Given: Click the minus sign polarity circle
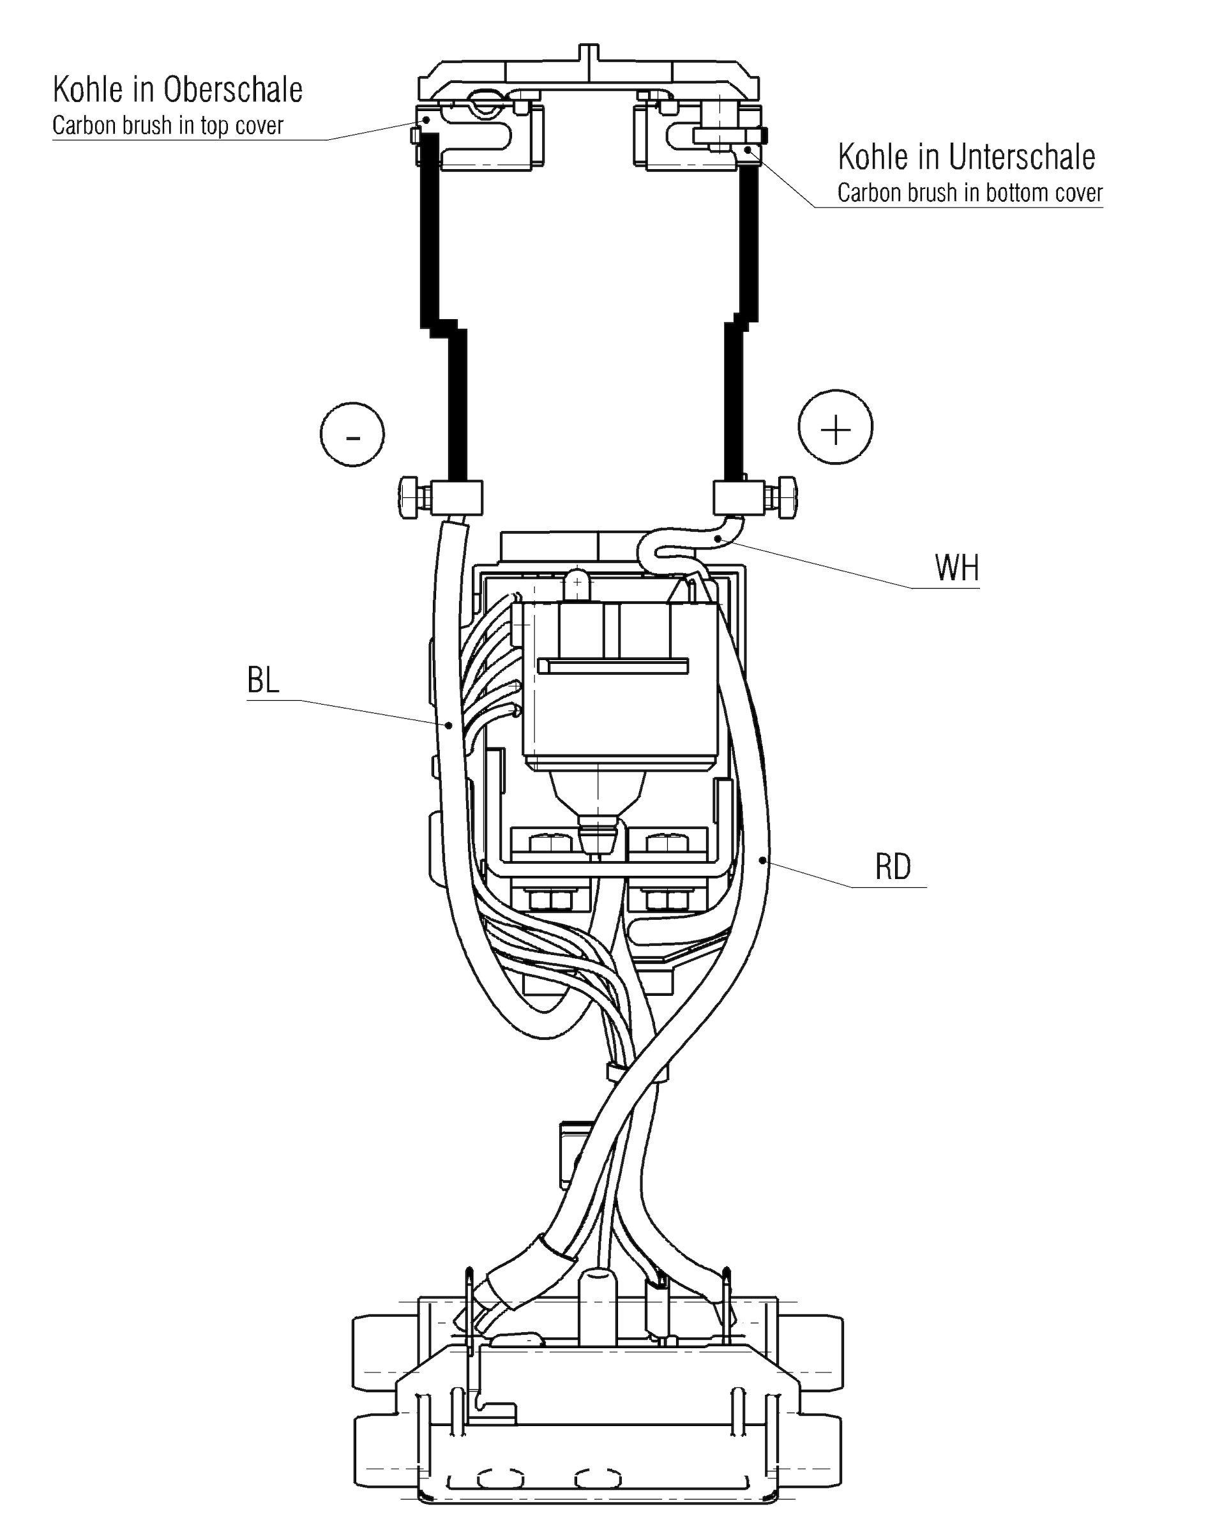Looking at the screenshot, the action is tap(352, 434).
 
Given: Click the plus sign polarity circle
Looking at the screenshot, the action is tap(835, 428).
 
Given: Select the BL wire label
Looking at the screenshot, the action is tap(263, 680).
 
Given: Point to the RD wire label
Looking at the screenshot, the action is tap(893, 867).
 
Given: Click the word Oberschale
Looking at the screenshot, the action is tap(233, 90).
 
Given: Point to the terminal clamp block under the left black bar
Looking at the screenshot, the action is tap(456, 497).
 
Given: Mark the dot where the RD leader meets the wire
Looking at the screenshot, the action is tap(763, 860).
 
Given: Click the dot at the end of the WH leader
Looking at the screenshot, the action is tap(720, 539).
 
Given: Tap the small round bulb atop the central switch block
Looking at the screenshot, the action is tap(577, 583).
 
